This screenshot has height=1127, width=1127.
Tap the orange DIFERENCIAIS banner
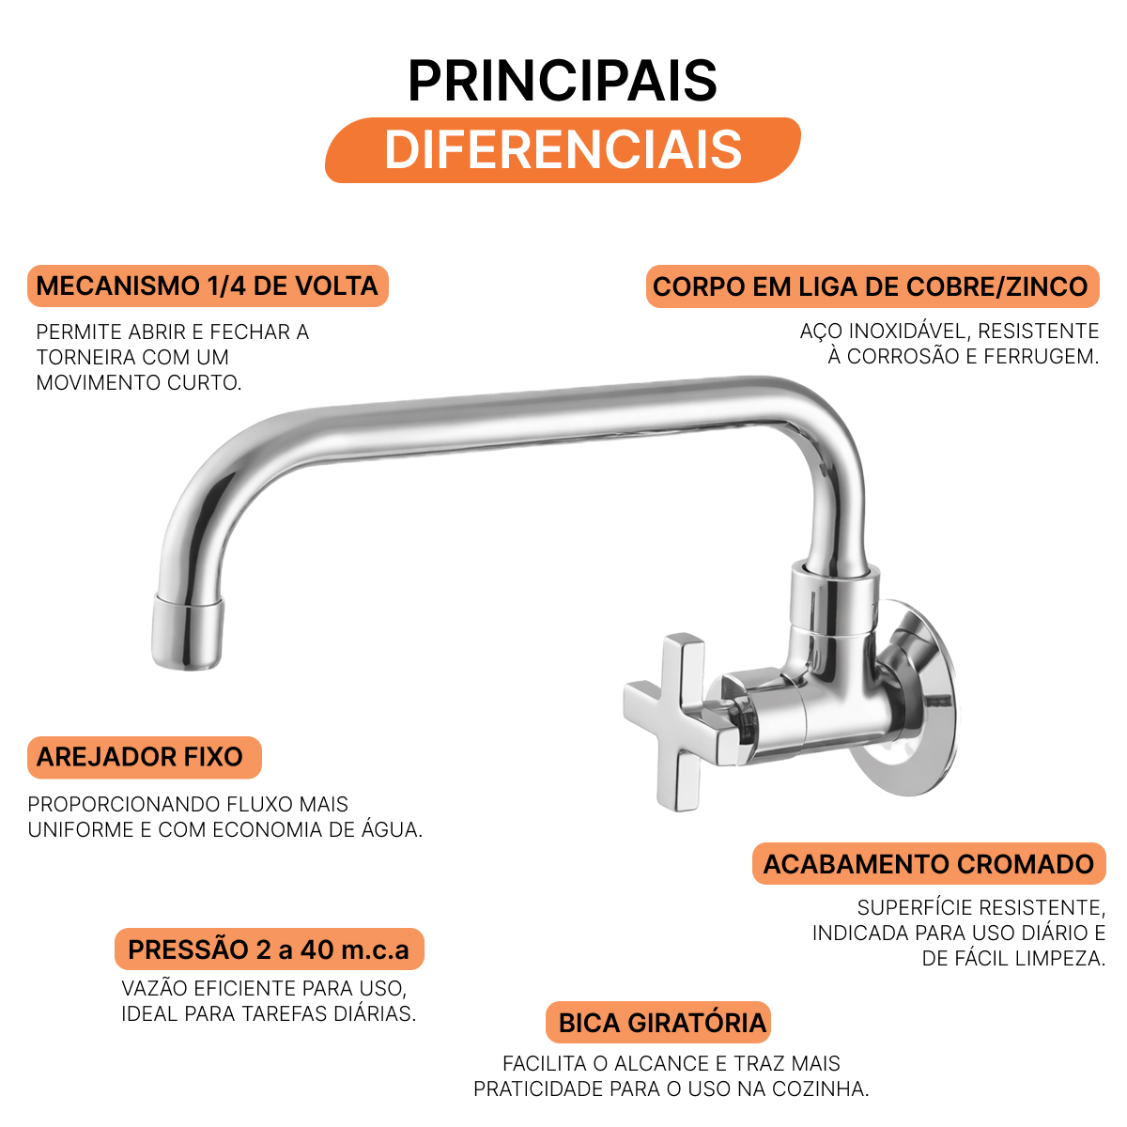click(563, 150)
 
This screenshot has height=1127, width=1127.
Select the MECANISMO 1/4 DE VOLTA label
click(208, 286)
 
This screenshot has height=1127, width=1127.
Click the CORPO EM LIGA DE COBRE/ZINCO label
click(872, 286)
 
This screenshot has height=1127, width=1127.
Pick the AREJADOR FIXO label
click(144, 757)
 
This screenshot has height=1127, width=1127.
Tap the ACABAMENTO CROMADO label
click(929, 863)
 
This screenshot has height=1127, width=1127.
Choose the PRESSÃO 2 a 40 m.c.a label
click(269, 949)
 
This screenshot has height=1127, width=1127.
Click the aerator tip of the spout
click(187, 632)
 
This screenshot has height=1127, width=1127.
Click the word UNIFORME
click(81, 830)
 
